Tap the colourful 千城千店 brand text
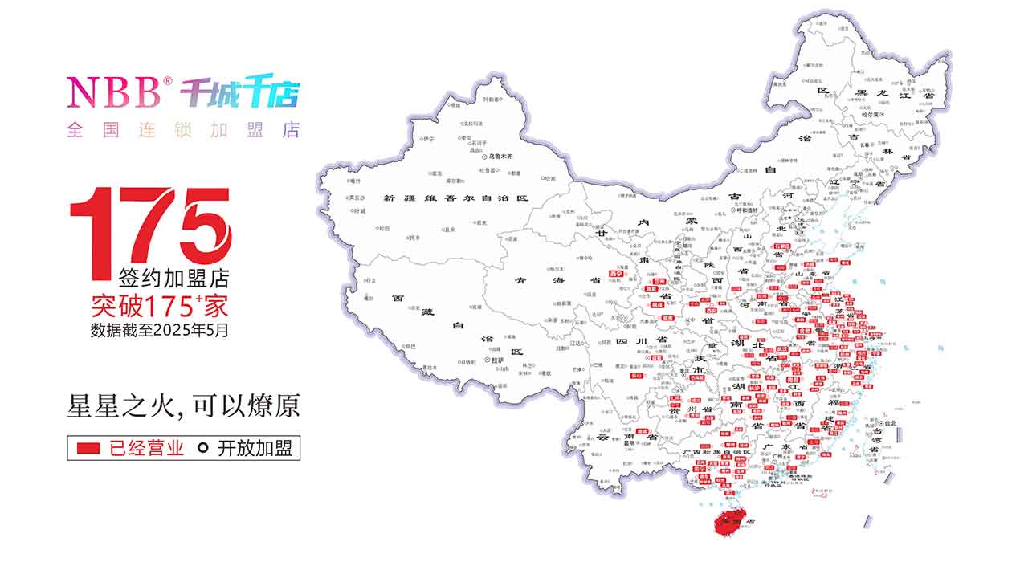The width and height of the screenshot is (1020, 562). coord(239,93)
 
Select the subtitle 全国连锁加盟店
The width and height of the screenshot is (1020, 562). coord(182,130)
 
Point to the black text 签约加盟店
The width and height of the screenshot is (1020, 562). coord(173,279)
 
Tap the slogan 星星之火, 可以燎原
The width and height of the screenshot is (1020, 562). coord(183,405)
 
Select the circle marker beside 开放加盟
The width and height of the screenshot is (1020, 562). coord(204,448)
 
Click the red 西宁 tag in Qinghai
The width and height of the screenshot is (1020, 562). coord(617,274)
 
